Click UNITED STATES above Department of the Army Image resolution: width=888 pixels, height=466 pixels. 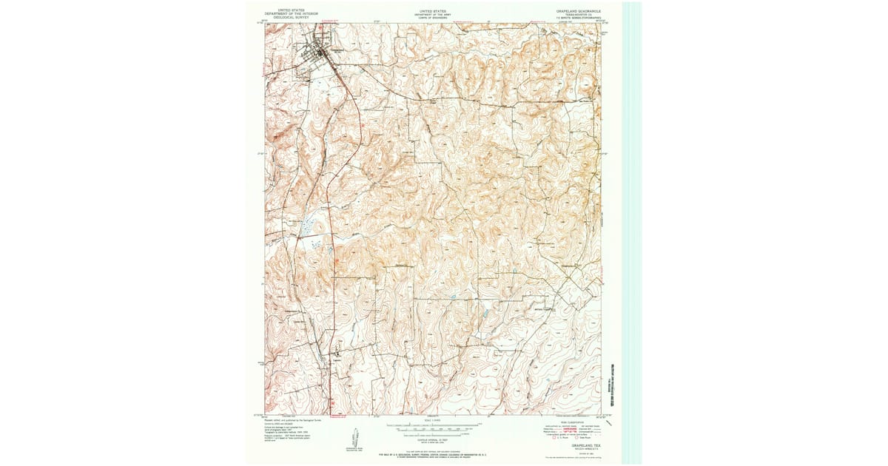(433, 11)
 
